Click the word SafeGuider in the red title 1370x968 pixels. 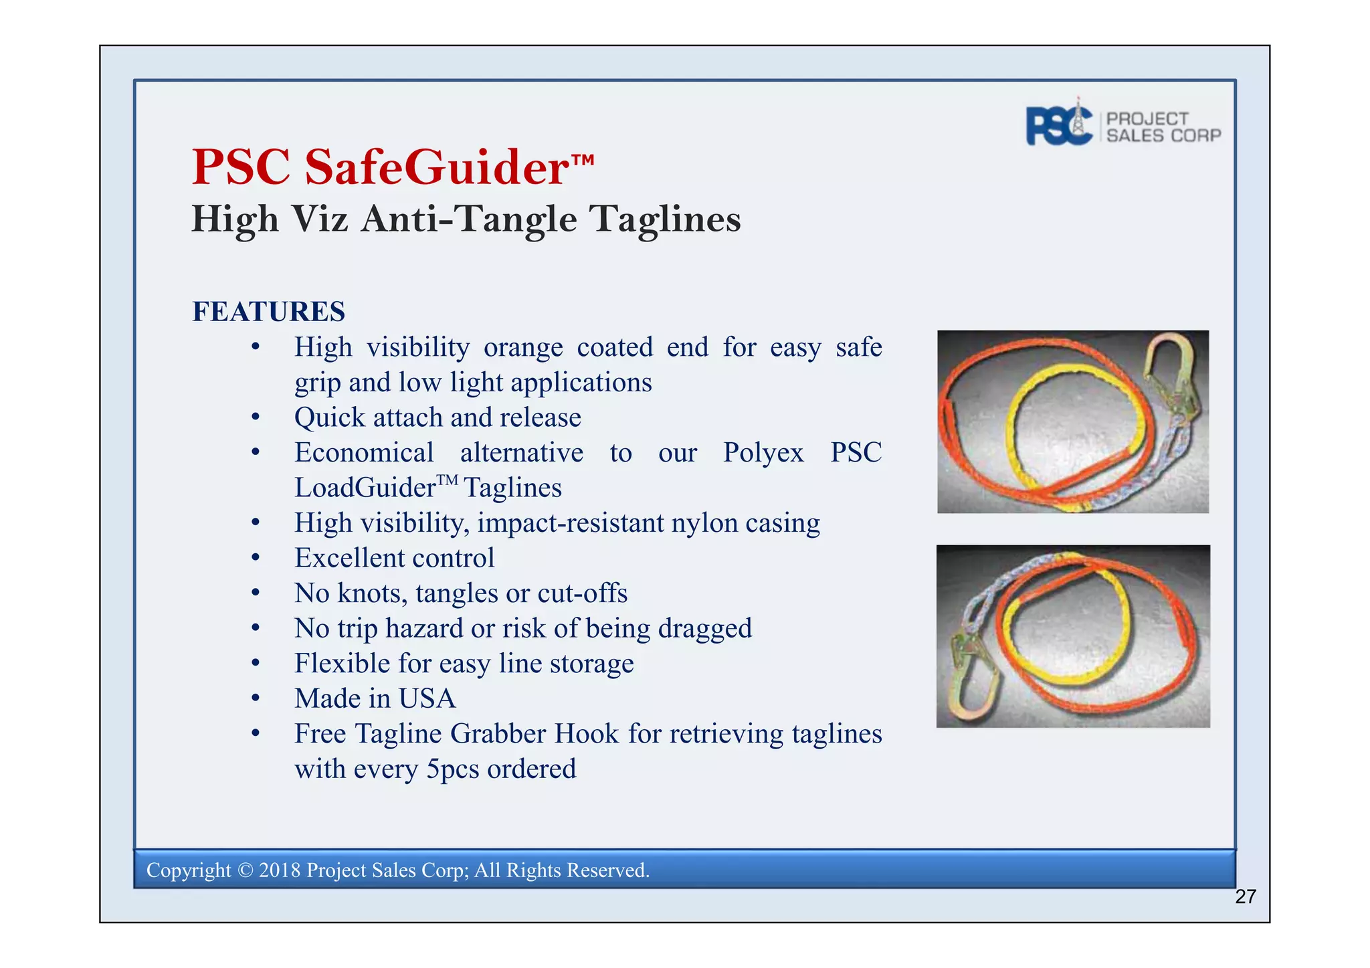click(437, 167)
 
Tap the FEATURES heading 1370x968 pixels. click(269, 312)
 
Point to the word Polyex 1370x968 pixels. click(763, 453)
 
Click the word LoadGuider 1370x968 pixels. click(365, 488)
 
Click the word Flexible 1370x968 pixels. click(342, 664)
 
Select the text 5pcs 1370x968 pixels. click(453, 769)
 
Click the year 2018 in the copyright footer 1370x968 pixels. click(280, 870)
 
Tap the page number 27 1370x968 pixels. click(1246, 896)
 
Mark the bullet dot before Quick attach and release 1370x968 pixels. click(255, 418)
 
